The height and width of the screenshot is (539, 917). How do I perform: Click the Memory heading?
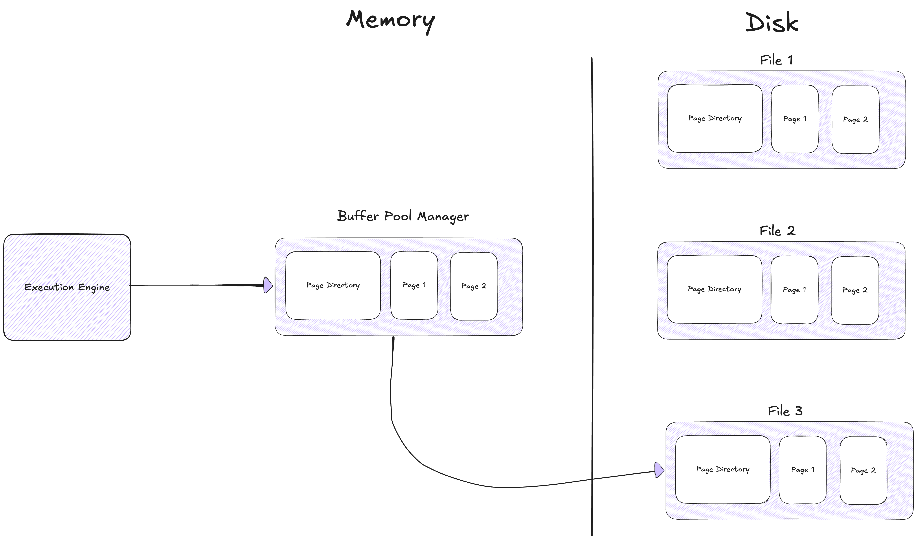(x=390, y=20)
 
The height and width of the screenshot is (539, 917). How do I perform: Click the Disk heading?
(x=771, y=23)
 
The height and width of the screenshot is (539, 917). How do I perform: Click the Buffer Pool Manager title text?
(x=403, y=216)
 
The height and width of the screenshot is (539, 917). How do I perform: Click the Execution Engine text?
(x=67, y=287)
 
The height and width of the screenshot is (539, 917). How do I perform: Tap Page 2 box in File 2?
(x=855, y=290)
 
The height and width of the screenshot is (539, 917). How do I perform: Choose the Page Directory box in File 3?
(x=723, y=470)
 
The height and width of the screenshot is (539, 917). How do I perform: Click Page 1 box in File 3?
(x=802, y=470)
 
